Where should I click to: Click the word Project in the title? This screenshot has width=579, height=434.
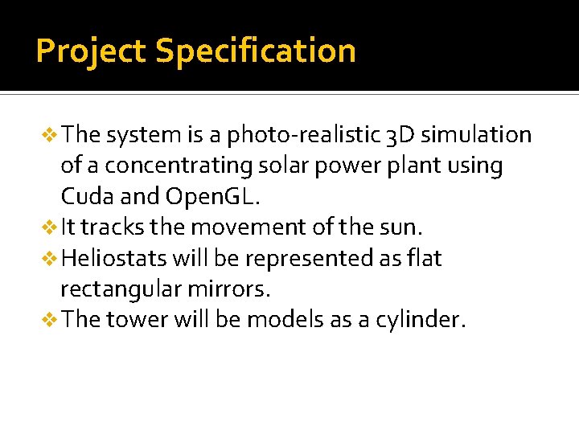click(91, 51)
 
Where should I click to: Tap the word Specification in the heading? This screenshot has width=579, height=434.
click(255, 51)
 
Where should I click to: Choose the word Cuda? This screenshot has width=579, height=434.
click(86, 197)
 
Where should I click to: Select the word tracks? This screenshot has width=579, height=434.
click(115, 227)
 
